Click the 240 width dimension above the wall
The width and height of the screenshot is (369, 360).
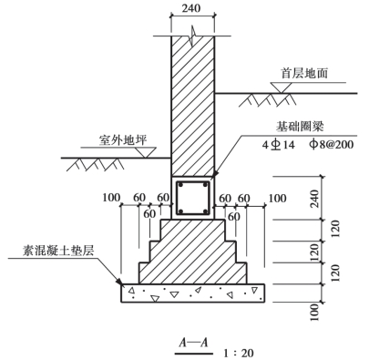click(x=191, y=8)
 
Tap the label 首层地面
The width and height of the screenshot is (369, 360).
click(x=304, y=73)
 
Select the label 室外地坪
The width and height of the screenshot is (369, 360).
click(x=123, y=140)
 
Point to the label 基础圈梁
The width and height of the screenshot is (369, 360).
click(x=300, y=127)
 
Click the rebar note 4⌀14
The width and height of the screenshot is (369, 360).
click(x=279, y=145)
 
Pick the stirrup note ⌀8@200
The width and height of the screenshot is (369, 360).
click(x=332, y=144)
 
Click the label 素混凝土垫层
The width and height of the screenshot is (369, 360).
click(x=59, y=251)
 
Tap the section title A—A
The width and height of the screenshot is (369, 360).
click(x=193, y=343)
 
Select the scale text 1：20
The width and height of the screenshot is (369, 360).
click(x=239, y=353)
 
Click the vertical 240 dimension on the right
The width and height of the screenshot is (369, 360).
click(x=315, y=199)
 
